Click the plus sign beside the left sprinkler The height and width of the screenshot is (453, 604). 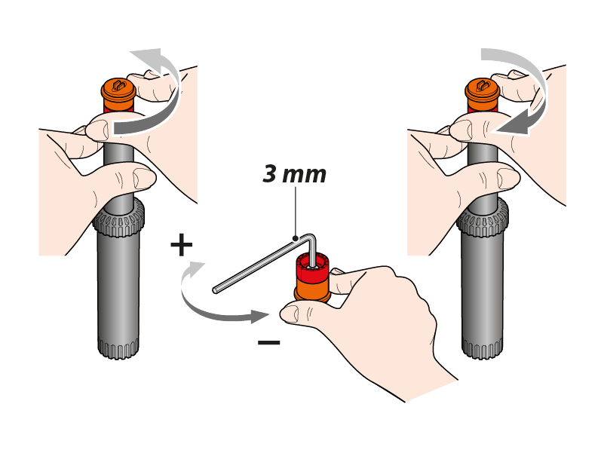click(182, 245)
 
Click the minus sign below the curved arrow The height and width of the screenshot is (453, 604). click(269, 342)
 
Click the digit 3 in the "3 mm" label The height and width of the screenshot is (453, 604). click(270, 174)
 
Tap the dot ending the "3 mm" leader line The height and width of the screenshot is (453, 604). click(296, 238)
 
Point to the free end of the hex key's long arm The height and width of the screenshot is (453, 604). click(215, 290)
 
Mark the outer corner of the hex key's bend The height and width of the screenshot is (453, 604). click(313, 235)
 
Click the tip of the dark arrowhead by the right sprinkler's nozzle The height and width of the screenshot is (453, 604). click(495, 132)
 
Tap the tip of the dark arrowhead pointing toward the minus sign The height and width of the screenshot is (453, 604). click(268, 316)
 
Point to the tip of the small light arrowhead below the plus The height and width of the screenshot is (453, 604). click(205, 262)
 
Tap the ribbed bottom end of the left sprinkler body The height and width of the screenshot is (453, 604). click(118, 349)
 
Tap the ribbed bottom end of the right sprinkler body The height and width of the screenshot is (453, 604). click(483, 349)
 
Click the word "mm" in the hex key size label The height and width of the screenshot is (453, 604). click(305, 176)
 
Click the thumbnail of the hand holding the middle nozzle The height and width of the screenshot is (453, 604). click(291, 314)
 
